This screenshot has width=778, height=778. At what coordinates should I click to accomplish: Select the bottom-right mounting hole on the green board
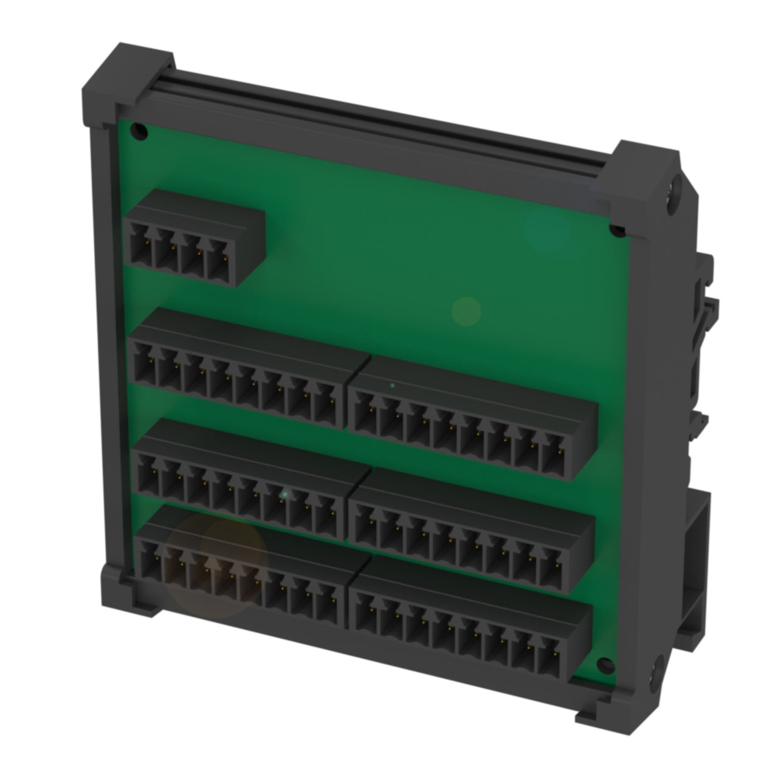point(604,664)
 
